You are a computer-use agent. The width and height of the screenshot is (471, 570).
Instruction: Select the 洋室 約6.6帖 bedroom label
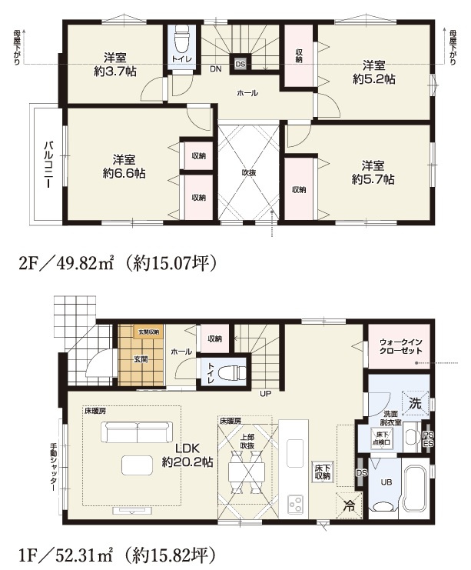[124, 166]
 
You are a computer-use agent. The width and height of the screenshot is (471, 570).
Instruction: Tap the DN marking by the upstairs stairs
[217, 69]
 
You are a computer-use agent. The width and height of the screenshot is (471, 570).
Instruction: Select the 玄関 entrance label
[140, 358]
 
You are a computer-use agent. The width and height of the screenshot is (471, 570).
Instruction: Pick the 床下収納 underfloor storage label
[321, 472]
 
